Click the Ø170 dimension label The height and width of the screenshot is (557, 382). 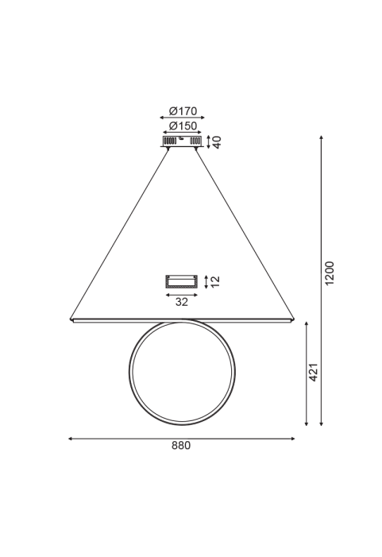point(183,111)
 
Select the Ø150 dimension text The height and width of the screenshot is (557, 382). point(183,126)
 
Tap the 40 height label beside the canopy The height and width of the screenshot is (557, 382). point(217,142)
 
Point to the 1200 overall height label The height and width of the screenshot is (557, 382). point(330,273)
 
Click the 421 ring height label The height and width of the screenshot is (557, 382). point(313,373)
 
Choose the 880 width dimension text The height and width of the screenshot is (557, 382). point(181,446)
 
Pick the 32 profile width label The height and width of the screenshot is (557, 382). point(181,302)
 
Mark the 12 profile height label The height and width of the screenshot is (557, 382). point(215,282)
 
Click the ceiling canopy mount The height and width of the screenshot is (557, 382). point(182,141)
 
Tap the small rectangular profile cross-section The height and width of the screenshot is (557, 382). point(181,282)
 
